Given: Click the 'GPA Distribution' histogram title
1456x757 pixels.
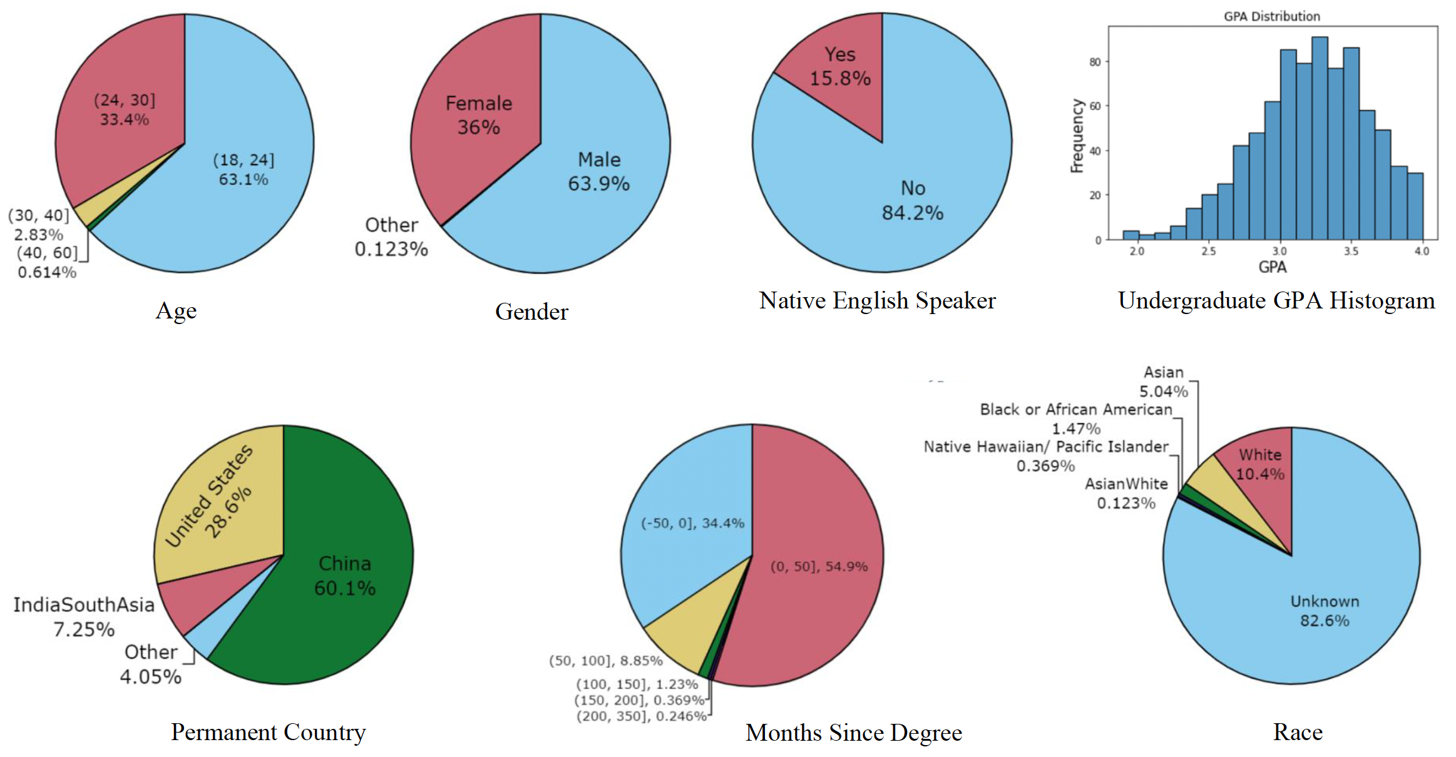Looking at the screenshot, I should [x=1271, y=16].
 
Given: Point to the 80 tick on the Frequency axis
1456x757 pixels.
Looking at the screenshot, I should [x=1095, y=62].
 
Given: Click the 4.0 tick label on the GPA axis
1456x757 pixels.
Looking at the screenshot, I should [x=1422, y=251].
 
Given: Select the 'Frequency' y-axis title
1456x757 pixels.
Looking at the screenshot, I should [x=1077, y=135].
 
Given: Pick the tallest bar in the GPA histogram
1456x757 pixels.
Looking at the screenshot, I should [x=1320, y=138].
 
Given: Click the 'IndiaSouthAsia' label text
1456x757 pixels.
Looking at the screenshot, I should [x=84, y=604].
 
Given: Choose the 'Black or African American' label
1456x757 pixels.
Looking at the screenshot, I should [x=1075, y=410].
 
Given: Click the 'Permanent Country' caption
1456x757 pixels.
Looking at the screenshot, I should [x=268, y=732].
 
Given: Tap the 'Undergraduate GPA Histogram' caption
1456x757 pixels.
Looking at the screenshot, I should [x=1276, y=301].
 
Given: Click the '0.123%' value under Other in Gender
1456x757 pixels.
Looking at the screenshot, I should [x=391, y=249].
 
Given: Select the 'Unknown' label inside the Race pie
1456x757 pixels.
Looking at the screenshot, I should [x=1325, y=601].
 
